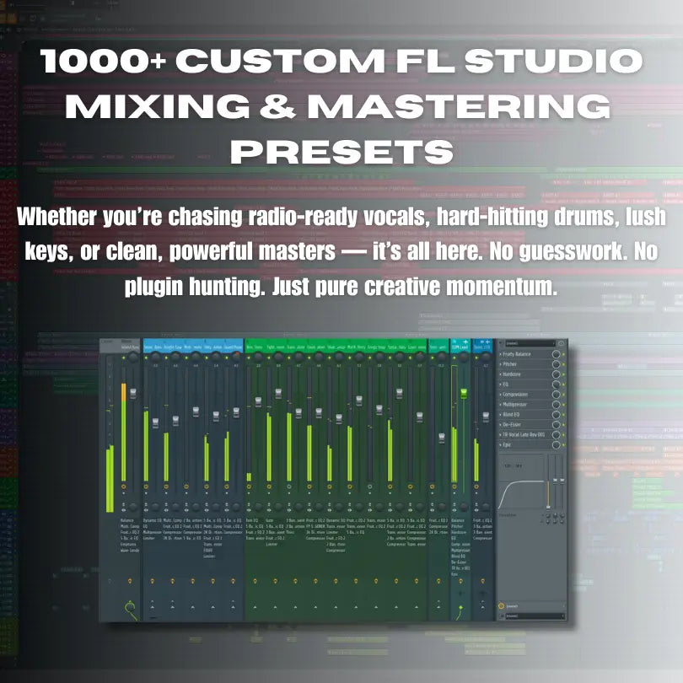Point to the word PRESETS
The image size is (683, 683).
(341, 153)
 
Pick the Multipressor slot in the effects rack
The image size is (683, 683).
(522, 405)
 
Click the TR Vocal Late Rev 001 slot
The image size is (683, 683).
(528, 435)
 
